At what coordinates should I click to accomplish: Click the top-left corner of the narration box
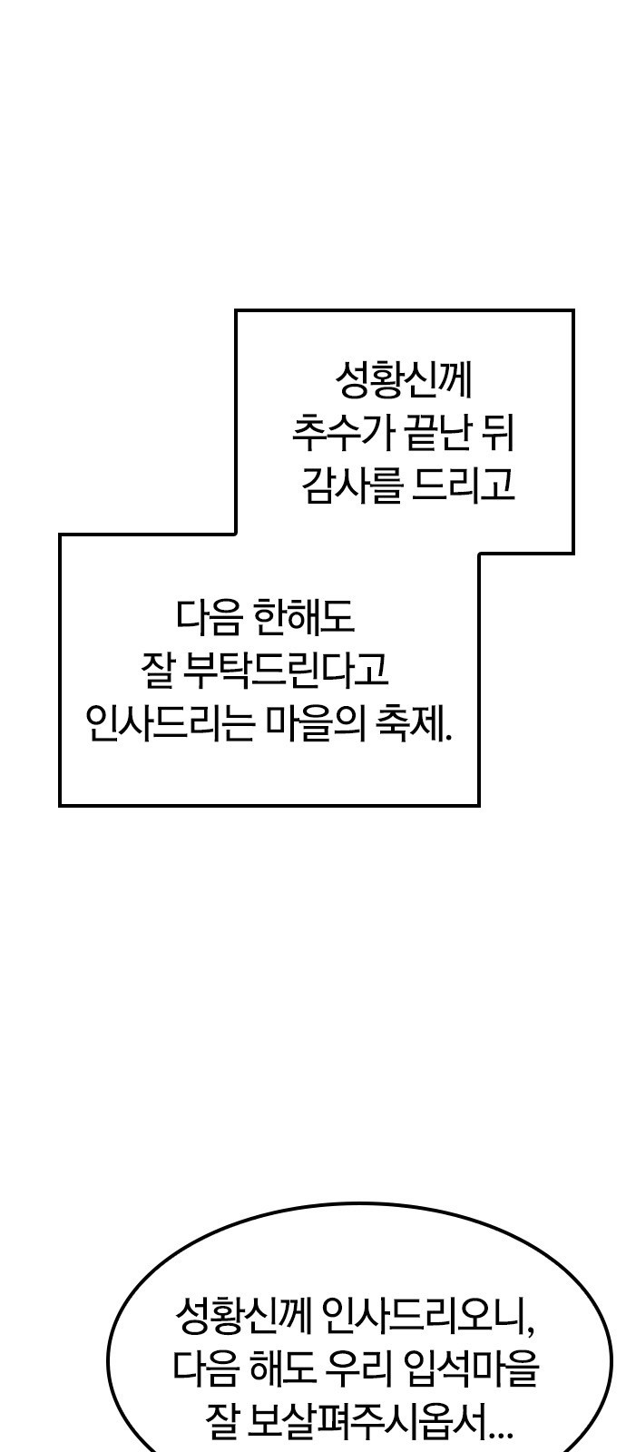236,311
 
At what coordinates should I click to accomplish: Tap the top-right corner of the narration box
573,311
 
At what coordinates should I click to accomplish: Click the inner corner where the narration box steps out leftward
236,535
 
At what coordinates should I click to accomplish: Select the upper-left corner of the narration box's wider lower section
60,535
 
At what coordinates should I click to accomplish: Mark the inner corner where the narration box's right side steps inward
479,554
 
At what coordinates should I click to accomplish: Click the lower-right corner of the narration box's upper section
573,554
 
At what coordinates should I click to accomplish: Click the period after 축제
448,737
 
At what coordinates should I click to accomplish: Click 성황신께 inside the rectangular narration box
403,381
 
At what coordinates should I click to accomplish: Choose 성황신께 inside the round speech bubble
243,1316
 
